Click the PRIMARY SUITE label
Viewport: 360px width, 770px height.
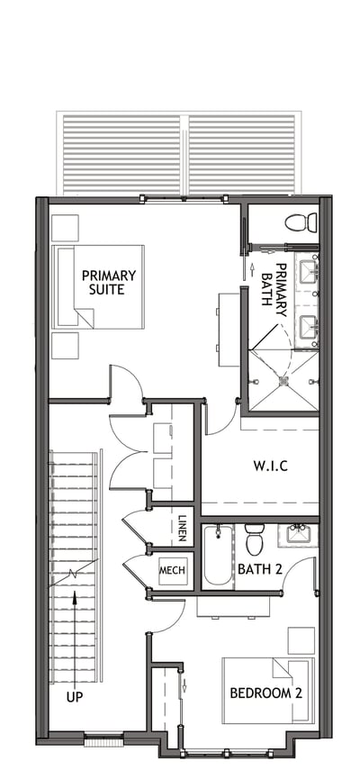click(109, 282)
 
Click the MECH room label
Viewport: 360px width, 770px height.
click(172, 571)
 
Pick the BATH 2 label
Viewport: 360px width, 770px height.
click(259, 568)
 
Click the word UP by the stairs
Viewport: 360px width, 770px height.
click(73, 696)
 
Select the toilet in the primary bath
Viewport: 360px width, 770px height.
click(300, 222)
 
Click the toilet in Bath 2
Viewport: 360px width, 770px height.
click(255, 540)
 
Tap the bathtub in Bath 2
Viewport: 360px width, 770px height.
click(218, 556)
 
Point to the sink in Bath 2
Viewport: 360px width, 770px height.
click(296, 535)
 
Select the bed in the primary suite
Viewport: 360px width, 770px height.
click(99, 286)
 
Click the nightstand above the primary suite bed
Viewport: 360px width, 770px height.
click(65, 228)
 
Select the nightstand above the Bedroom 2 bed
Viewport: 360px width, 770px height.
click(301, 640)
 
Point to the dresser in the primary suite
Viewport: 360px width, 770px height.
click(228, 328)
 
